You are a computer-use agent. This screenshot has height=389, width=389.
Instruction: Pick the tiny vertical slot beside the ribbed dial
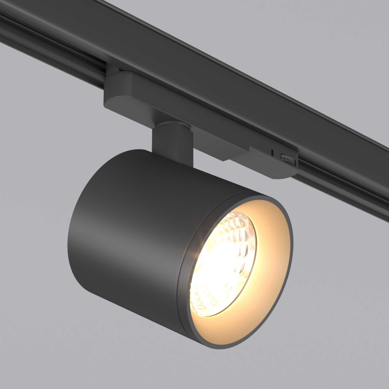[x=272, y=152]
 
